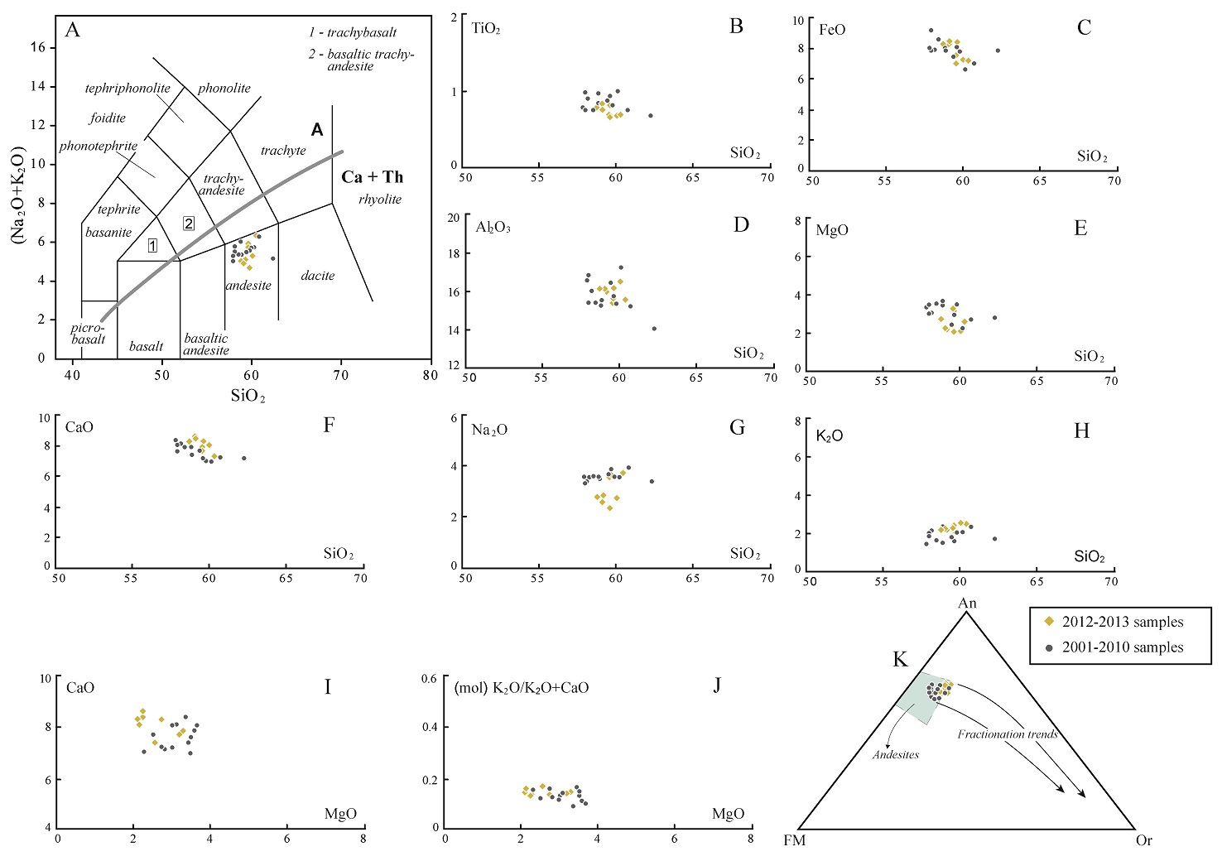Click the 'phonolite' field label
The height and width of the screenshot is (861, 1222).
tap(224, 88)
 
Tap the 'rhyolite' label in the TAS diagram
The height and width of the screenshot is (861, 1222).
tap(380, 200)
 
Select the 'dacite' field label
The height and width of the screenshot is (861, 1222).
tap(318, 276)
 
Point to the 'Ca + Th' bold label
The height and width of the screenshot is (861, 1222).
tap(373, 177)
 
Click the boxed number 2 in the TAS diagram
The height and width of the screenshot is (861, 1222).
tap(189, 224)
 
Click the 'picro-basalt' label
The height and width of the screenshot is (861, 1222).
tap(88, 334)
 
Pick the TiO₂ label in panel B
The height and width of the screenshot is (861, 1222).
tap(486, 29)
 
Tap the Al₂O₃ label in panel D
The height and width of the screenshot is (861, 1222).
tap(493, 227)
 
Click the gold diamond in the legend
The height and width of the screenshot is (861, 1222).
tap(1049, 622)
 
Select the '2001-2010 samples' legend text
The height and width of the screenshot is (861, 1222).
tap(1123, 647)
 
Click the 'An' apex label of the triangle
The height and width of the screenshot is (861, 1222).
tap(967, 604)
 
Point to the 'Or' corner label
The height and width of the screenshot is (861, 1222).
tap(1143, 841)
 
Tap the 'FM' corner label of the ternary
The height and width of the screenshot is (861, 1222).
tap(795, 841)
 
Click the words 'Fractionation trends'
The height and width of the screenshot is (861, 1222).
tap(1008, 734)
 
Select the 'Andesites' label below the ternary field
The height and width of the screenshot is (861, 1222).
tap(896, 754)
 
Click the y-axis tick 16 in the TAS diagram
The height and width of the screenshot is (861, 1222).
tap(39, 47)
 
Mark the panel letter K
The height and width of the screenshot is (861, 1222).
tap(900, 659)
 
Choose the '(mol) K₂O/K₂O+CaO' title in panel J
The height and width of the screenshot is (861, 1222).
tap(522, 688)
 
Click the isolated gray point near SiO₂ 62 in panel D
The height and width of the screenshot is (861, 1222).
tap(654, 329)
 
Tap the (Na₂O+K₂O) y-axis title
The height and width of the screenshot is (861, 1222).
tap(17, 195)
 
